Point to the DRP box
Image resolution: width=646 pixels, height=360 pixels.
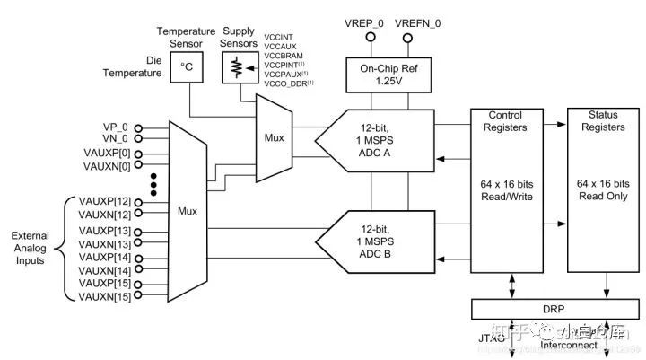click(x=554, y=309)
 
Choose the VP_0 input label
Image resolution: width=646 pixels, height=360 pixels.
click(x=117, y=127)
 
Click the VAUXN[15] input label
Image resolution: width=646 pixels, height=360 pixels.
click(x=105, y=295)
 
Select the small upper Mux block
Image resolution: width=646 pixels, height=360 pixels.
click(x=273, y=139)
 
